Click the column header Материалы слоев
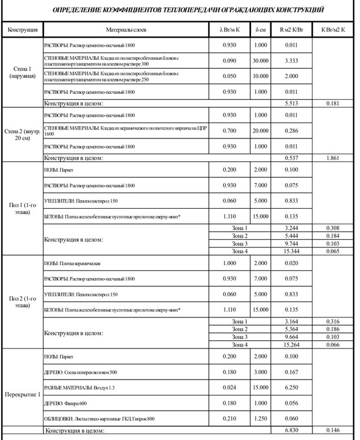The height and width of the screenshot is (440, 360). pos(127,28)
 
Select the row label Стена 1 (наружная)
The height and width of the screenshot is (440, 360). pos(22,73)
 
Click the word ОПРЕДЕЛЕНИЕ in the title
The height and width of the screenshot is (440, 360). pos(79,11)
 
